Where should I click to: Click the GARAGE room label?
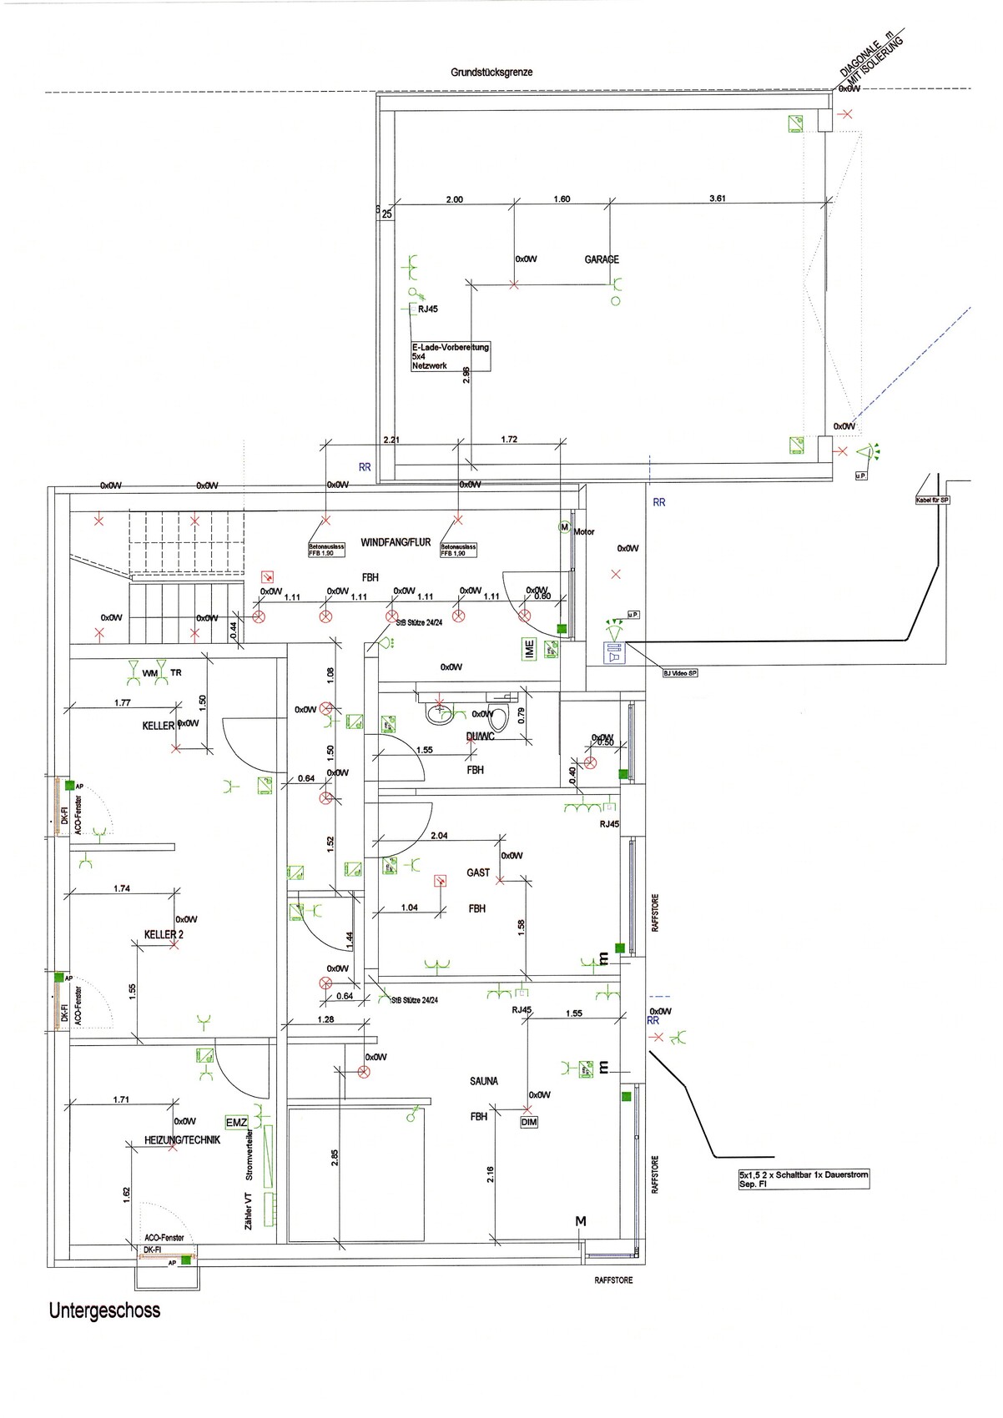point(602,259)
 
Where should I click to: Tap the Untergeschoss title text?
point(104,1310)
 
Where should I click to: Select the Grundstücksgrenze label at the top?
point(491,73)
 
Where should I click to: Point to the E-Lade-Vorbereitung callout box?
point(450,356)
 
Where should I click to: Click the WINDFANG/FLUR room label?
point(396,542)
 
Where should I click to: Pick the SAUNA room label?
point(484,1081)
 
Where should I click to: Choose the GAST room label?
point(478,872)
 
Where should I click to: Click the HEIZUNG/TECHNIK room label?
point(182,1140)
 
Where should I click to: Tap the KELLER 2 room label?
point(164,934)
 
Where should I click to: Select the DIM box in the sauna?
point(529,1123)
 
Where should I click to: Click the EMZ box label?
point(237,1123)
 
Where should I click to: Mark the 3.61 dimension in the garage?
point(717,199)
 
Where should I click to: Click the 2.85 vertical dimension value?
point(335,1159)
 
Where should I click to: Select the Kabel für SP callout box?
point(932,500)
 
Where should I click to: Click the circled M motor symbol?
point(563,528)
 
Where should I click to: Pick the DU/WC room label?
point(481,736)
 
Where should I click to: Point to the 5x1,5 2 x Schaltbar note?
point(803,1179)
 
